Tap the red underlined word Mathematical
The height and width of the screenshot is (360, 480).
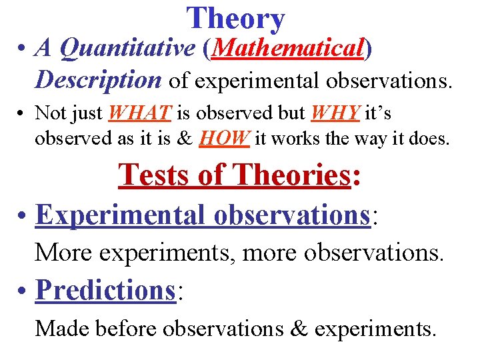(x=288, y=47)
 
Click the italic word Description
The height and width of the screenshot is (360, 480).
(x=98, y=80)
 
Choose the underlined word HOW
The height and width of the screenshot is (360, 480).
(x=224, y=138)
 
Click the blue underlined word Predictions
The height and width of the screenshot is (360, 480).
(x=105, y=289)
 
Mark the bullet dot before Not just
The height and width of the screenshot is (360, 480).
(x=23, y=114)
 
